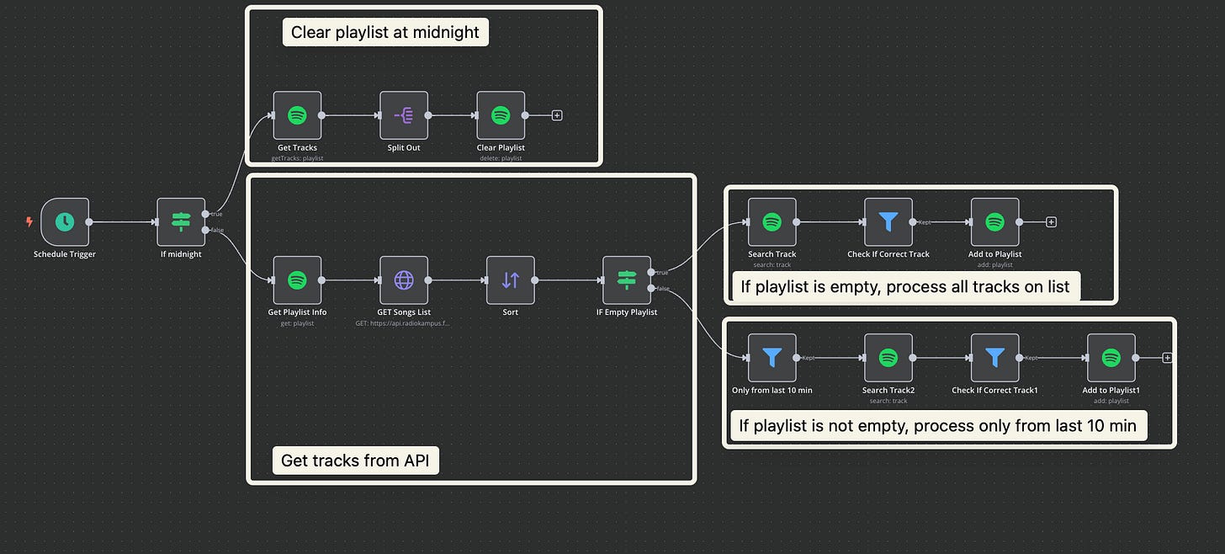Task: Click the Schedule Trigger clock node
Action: coord(64,222)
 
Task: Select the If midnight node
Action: coord(181,222)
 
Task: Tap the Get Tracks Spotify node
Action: coord(297,115)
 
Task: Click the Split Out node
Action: coord(404,115)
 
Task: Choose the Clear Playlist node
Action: coord(501,115)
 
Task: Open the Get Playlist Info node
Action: coord(297,280)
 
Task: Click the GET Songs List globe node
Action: coord(404,280)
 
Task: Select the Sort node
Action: coord(510,280)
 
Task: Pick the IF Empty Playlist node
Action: coord(627,280)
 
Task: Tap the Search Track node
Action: coord(772,222)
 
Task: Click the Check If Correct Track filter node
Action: coord(888,222)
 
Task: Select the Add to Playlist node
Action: coord(994,222)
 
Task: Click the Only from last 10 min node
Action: coord(772,358)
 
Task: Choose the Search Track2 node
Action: coord(888,358)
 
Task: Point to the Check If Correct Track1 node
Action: coord(994,358)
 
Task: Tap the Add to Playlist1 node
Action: coord(1111,358)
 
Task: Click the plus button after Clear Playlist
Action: coord(557,115)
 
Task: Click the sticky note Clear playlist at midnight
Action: coord(384,33)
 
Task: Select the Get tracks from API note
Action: coord(355,461)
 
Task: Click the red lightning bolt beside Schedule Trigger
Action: coord(30,222)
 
